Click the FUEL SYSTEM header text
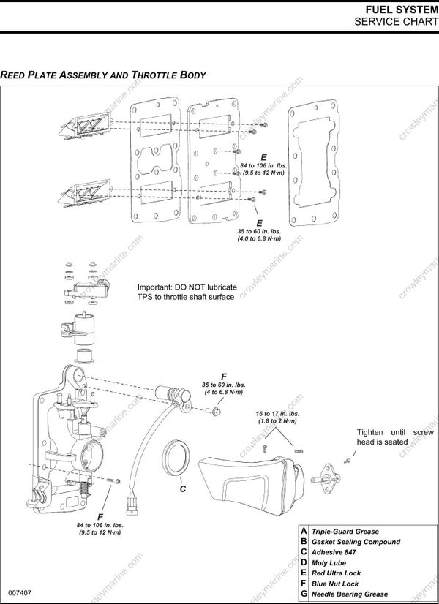(399, 9)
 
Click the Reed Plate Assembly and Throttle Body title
(103, 75)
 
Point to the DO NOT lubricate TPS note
(186, 292)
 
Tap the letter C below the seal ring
(183, 489)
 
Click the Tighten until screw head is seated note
(395, 437)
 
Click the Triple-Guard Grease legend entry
(345, 532)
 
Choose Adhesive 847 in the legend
(334, 552)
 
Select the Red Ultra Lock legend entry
(336, 573)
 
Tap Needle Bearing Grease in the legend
(350, 594)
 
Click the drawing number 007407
(20, 590)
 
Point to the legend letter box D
(304, 563)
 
